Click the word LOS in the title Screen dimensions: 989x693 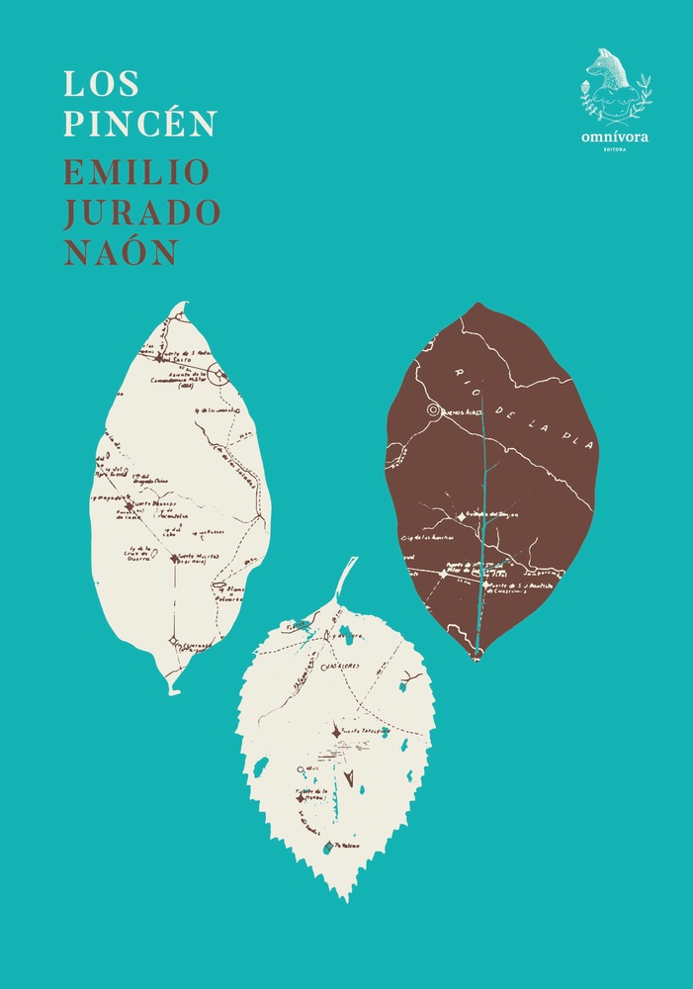(87, 83)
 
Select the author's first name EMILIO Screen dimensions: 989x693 (137, 171)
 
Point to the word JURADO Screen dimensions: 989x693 (142, 211)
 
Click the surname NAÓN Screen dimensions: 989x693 (121, 251)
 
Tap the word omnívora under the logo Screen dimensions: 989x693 (615, 137)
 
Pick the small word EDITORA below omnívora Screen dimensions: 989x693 (615, 150)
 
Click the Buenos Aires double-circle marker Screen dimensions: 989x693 (432, 409)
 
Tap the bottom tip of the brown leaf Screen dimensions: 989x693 (476, 655)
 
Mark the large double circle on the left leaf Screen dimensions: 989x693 (217, 376)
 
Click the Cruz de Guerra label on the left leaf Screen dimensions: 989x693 (137, 553)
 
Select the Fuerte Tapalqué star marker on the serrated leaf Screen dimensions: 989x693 (336, 732)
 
